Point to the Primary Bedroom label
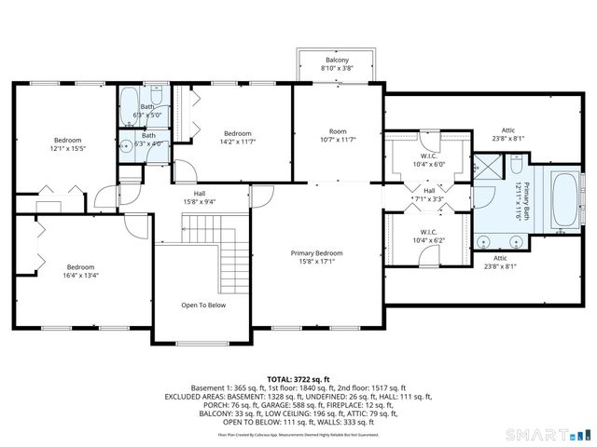[x=316, y=253]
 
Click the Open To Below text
[x=201, y=305]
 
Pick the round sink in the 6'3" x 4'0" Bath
[x=125, y=146]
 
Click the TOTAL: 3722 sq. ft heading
[x=298, y=379]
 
